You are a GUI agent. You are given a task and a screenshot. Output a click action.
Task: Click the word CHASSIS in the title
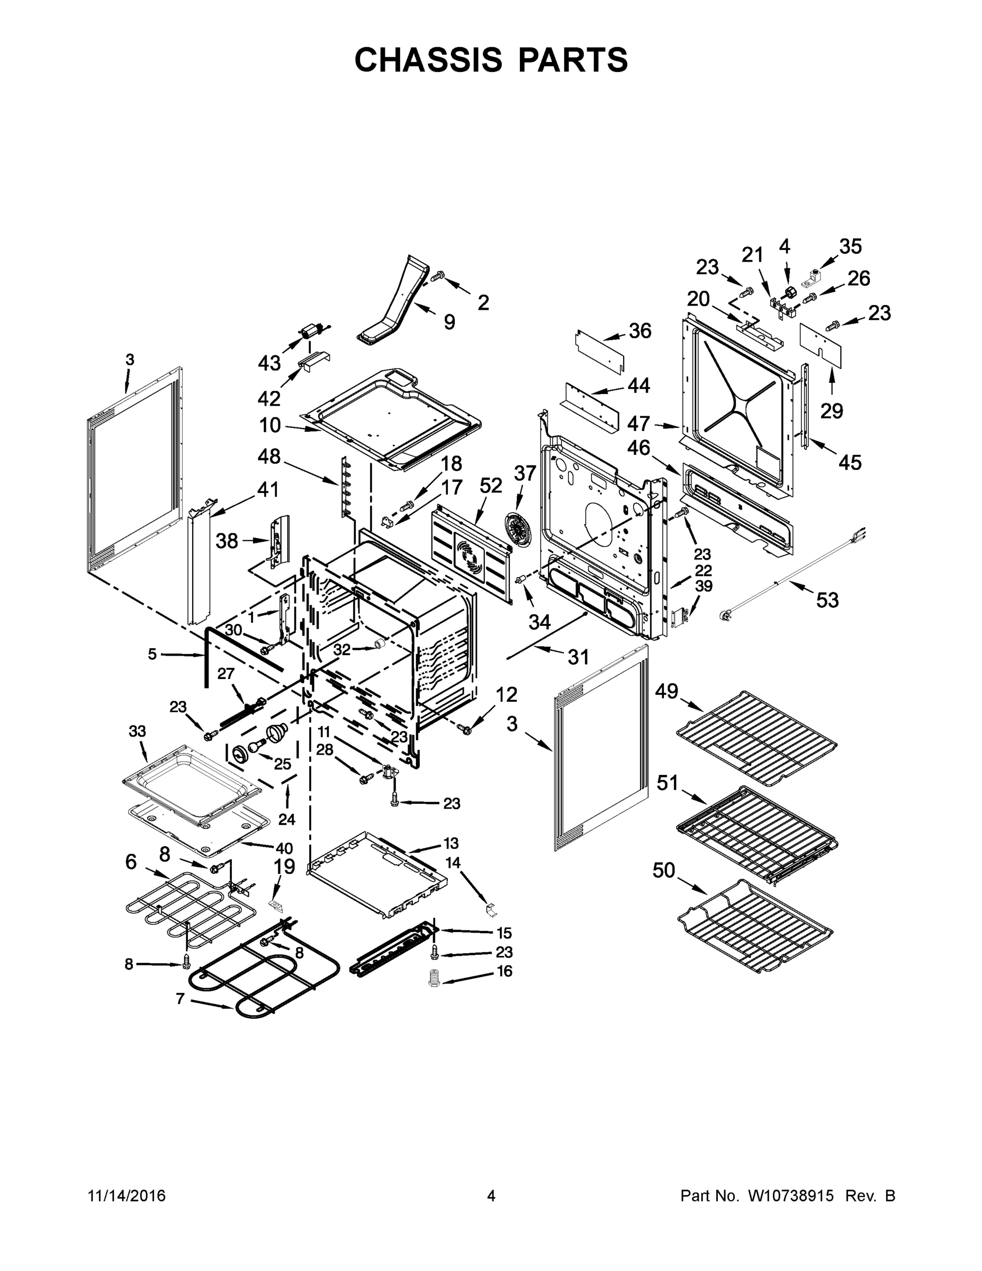(x=428, y=60)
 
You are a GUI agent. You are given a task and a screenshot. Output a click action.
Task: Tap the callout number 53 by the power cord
(x=827, y=600)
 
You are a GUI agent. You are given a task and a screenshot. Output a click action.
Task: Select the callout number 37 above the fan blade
(x=524, y=473)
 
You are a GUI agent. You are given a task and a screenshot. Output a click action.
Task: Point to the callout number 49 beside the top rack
(x=666, y=691)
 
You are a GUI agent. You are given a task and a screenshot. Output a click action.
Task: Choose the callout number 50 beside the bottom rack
(x=664, y=871)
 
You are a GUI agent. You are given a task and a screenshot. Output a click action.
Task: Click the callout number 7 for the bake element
(x=181, y=999)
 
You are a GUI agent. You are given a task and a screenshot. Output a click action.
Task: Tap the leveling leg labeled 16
(x=434, y=977)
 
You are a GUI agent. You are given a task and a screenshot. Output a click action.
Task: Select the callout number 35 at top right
(x=850, y=246)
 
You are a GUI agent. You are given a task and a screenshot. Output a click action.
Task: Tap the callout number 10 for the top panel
(x=270, y=425)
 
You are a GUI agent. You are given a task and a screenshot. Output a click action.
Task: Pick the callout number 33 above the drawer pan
(x=137, y=731)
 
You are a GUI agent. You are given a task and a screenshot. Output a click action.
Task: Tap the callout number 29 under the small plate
(x=831, y=411)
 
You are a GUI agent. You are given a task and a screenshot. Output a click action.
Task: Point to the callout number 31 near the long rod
(x=578, y=657)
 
